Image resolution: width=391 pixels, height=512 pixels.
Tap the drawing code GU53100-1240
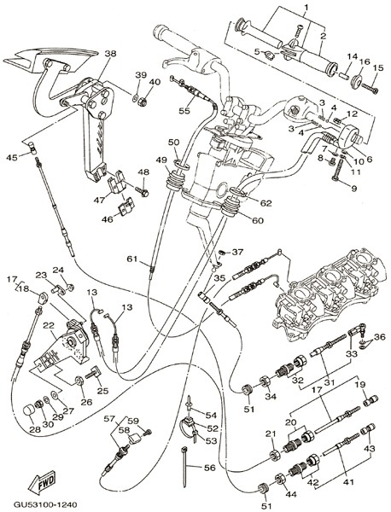point(45,504)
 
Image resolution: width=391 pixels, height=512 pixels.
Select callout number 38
point(110,54)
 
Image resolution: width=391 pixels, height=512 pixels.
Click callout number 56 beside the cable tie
point(209,468)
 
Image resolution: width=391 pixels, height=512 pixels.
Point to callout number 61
point(132,259)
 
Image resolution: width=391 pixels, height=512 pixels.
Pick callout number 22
point(49,326)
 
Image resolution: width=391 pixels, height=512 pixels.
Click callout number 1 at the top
point(306,6)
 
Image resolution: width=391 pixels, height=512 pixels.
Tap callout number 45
point(12,158)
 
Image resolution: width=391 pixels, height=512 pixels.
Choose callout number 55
point(184,111)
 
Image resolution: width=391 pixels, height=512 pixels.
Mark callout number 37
point(238,252)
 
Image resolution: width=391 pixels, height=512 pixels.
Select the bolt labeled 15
point(370,88)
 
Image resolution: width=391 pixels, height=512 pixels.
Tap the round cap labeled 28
point(28,410)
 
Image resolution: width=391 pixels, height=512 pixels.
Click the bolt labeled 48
point(142,191)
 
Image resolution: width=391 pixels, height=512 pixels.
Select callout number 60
point(257,220)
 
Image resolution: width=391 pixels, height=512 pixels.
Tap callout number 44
point(290,494)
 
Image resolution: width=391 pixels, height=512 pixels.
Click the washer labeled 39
point(135,97)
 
